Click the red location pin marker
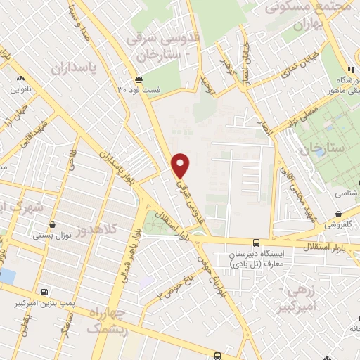[181, 165]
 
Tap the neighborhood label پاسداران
[72, 68]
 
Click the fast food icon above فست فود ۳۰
[139, 79]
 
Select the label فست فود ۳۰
[139, 90]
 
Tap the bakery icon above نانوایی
[19, 79]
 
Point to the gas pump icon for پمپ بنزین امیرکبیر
[46, 292]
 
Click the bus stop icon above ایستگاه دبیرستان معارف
[256, 243]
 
